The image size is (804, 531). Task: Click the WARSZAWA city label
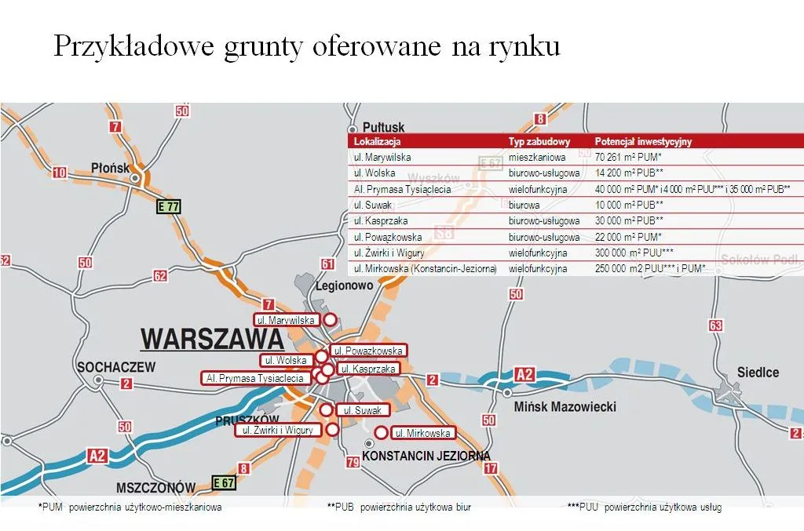211,340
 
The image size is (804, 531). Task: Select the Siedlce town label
758,372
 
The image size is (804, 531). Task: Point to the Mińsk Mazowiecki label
565,406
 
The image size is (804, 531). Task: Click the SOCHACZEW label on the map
116,366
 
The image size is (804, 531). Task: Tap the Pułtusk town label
383,127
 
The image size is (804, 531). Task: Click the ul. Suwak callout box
363,410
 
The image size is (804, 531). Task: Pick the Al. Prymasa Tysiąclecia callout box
254,378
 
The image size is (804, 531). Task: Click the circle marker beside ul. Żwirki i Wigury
332,430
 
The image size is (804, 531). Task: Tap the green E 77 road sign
169,207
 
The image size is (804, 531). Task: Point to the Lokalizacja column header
378,142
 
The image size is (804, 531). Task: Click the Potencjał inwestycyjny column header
643,142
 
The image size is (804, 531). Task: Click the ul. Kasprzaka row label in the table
381,221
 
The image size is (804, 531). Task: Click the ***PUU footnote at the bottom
644,507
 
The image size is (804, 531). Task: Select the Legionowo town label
344,286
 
